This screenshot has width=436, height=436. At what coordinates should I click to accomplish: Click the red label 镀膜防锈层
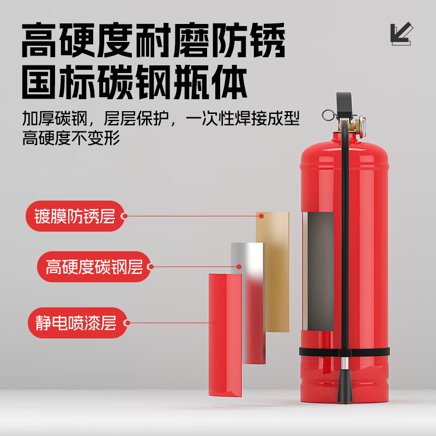coord(76,216)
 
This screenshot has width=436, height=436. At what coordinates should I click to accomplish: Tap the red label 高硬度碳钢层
coord(94,267)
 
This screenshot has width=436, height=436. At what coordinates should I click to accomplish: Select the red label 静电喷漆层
coord(77,323)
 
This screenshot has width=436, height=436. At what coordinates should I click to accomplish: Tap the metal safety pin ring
coord(328,116)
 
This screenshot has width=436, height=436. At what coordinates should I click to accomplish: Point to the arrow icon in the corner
coord(401,34)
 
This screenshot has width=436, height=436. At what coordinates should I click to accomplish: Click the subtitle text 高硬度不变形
coord(71,138)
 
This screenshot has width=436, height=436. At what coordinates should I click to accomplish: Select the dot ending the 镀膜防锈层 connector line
coord(261,216)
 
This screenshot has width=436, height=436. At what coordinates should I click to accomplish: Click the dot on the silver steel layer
coord(239,267)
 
